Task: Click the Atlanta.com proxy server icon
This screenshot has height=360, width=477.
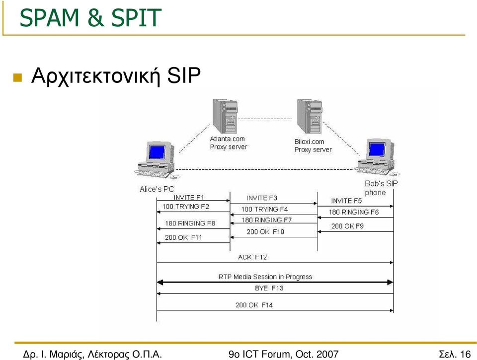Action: click(x=225, y=117)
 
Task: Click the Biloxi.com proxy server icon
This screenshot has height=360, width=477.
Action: click(x=310, y=117)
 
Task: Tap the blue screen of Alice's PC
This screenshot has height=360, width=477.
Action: click(x=157, y=152)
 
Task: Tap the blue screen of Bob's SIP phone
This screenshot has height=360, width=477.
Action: click(x=377, y=149)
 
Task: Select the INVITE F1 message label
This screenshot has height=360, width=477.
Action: click(x=189, y=197)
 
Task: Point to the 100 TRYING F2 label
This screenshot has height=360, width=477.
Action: click(x=185, y=207)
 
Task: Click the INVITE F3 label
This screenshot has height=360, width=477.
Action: click(x=262, y=198)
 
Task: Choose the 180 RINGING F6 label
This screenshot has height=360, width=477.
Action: click(x=353, y=212)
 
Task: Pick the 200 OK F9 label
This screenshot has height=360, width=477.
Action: click(x=347, y=226)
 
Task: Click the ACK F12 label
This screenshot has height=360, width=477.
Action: click(x=252, y=257)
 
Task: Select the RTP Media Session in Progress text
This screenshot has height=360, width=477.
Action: click(x=265, y=277)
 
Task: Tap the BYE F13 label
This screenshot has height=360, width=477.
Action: click(x=269, y=288)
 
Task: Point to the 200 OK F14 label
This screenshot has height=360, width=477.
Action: click(x=254, y=305)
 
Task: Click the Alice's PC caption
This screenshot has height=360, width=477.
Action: click(x=157, y=189)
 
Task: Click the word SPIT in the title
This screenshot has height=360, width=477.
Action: click(x=136, y=18)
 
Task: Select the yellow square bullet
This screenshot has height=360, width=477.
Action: click(x=18, y=77)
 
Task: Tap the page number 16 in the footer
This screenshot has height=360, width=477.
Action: click(x=466, y=354)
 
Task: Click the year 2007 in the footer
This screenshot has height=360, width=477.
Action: click(x=327, y=354)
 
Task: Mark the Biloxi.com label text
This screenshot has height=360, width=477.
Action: click(x=309, y=142)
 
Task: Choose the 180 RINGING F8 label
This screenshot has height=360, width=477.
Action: click(x=190, y=223)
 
